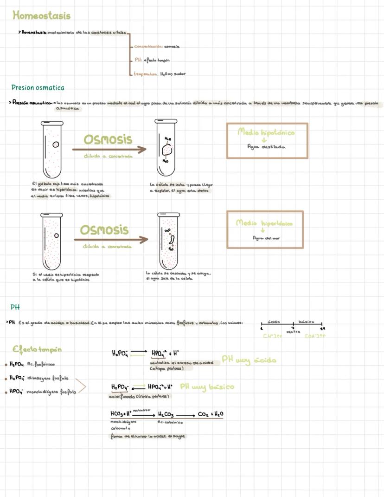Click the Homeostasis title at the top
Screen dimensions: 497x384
pos(42,16)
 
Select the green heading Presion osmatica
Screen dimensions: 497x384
pos(38,87)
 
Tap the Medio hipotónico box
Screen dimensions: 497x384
pos(267,140)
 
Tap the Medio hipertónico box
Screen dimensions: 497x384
pos(265,229)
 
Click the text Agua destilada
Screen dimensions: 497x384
pos(266,147)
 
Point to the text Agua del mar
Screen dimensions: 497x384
pos(265,238)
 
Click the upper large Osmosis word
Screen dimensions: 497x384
pos(108,139)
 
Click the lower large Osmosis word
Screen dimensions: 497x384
pos(104,230)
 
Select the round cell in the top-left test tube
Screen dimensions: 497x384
pos(56,144)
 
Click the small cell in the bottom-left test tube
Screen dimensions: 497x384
pos(56,235)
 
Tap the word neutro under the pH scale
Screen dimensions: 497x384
pos(293,332)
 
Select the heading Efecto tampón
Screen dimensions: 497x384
pos(37,349)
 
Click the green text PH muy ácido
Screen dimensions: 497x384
pos(249,360)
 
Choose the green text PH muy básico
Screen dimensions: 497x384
pos(207,386)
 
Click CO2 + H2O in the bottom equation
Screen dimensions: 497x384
pos(211,414)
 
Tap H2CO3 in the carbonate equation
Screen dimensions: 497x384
pos(166,414)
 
